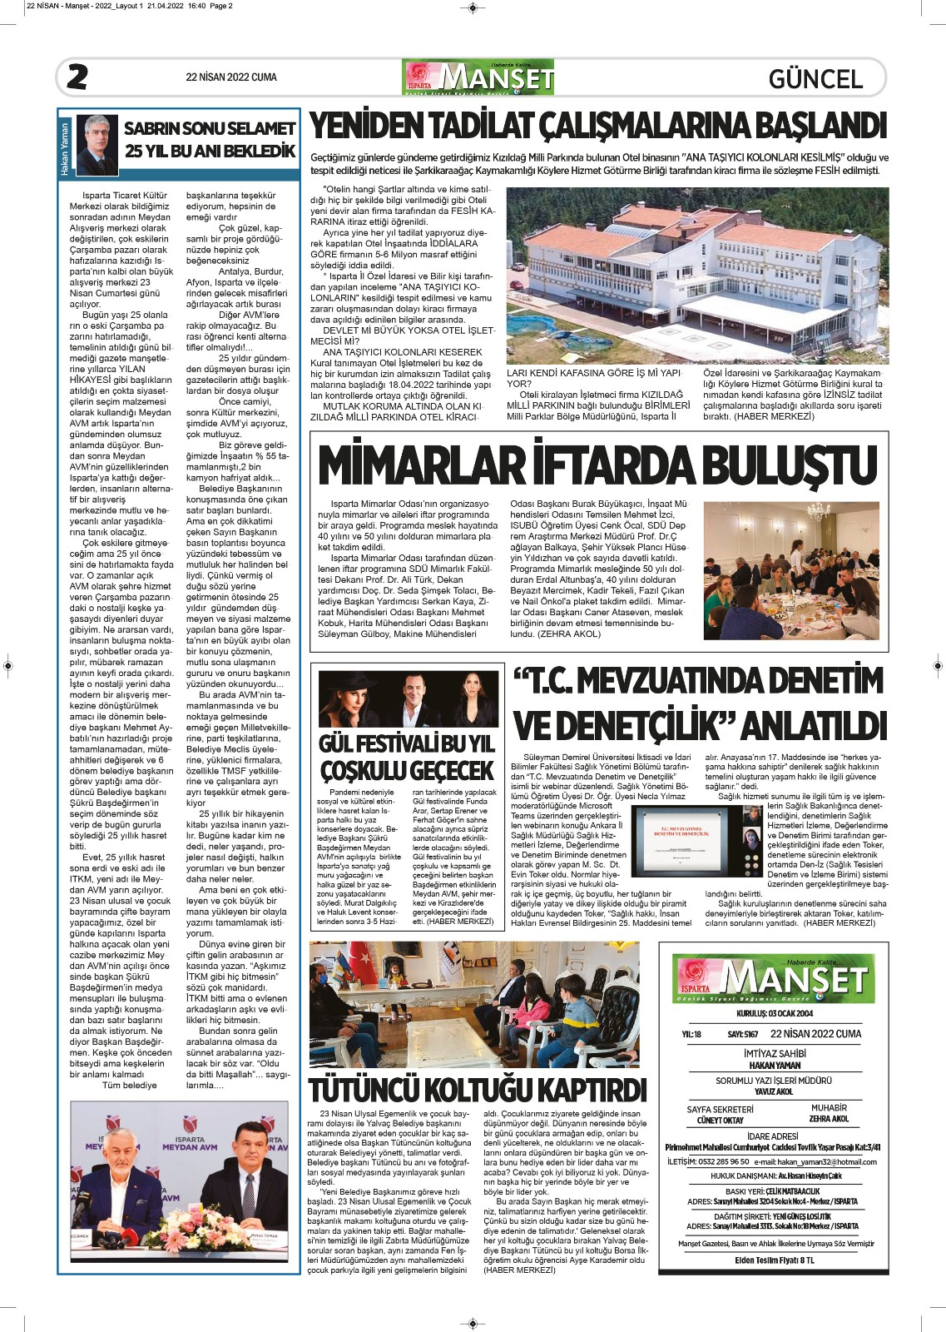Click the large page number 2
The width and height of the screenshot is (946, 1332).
[77, 77]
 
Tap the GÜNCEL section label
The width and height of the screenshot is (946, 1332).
[815, 79]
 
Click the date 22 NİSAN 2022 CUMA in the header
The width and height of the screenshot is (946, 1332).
[231, 77]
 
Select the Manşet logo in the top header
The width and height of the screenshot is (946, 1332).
[478, 77]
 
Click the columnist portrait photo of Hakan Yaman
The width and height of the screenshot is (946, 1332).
[97, 145]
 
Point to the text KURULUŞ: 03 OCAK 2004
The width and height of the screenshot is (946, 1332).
[774, 1014]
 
